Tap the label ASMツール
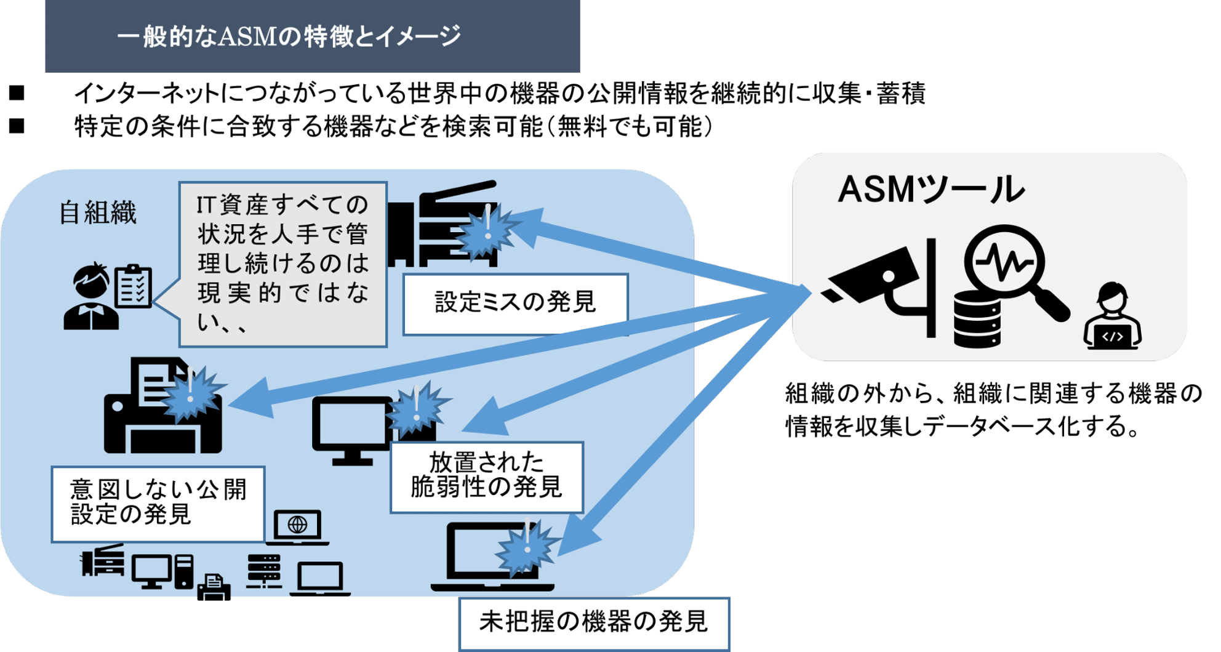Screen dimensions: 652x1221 coord(931,190)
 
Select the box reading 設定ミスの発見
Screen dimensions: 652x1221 coord(515,303)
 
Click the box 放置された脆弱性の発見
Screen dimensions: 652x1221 coord(486,477)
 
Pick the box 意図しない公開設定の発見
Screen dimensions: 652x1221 coord(158,503)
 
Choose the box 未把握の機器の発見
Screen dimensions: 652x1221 coord(593,622)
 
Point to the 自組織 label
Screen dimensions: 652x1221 coord(98,213)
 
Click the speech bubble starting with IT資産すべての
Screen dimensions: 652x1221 coord(283,264)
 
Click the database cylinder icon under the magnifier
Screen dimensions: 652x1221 coord(977,320)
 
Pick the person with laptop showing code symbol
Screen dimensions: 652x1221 coord(1112,318)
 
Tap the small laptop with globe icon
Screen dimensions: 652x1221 coord(297,527)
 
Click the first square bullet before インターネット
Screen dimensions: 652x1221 coord(17,94)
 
